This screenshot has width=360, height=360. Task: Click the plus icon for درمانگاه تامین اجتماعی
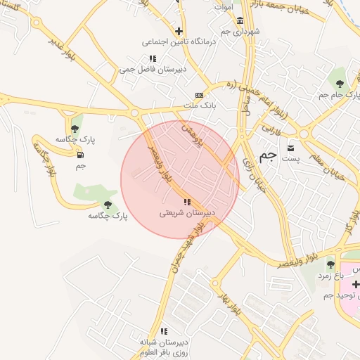pyautogui.click(x=180, y=31)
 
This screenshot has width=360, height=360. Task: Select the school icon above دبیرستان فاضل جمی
pyautogui.click(x=153, y=58)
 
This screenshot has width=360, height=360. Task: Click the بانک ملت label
pyautogui.click(x=199, y=105)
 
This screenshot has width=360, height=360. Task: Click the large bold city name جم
pyautogui.click(x=268, y=156)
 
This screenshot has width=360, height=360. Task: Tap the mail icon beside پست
pyautogui.click(x=291, y=148)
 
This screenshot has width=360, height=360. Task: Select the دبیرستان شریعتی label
pyautogui.click(x=186, y=212)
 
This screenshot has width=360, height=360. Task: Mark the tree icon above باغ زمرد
pyautogui.click(x=330, y=265)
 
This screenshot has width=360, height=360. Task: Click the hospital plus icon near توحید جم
pyautogui.click(x=356, y=284)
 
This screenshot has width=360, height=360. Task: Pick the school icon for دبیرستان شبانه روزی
pyautogui.click(x=164, y=330)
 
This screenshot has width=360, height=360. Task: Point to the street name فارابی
pyautogui.click(x=271, y=130)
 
